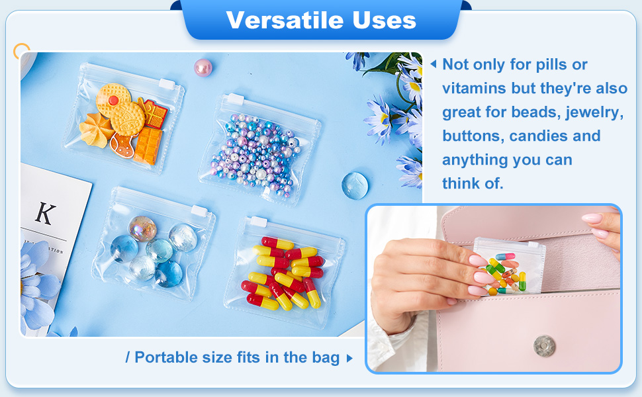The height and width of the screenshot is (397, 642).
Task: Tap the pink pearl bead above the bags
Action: (203, 67)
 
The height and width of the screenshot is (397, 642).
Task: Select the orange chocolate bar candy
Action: (148, 146)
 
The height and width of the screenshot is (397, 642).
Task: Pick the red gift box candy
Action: (155, 113)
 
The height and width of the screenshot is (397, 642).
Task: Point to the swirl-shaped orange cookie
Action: (96, 130)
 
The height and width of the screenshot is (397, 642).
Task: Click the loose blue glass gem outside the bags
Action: (355, 186)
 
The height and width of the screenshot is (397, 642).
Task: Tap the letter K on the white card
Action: (45, 213)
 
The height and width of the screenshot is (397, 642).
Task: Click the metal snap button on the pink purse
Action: (544, 346)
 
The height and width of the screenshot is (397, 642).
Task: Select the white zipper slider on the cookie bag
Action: (167, 84)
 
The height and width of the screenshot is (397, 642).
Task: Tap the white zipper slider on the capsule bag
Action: (259, 222)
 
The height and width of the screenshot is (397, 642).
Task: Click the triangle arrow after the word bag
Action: (349, 359)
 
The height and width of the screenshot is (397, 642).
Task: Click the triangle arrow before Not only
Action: (434, 64)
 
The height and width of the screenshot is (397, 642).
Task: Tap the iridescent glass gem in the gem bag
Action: (142, 228)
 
